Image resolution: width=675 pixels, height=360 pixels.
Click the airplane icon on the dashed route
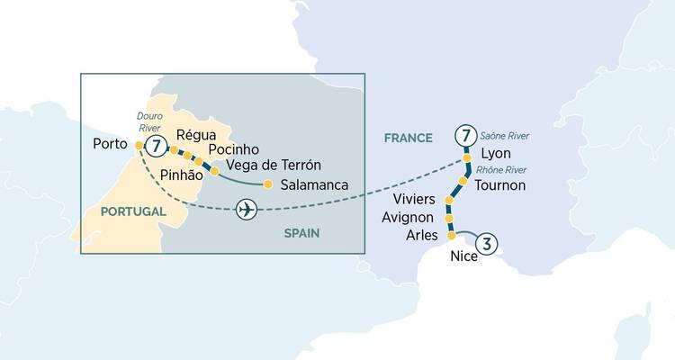click(245, 209)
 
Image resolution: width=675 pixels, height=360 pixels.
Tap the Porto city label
click(111, 144)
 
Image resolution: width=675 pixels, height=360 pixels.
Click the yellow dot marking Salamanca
click(267, 184)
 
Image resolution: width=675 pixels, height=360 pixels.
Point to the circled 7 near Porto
click(157, 145)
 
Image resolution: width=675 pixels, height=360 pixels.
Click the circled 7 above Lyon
click(465, 137)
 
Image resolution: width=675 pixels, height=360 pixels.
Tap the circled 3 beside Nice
click(487, 243)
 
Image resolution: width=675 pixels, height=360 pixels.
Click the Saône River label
click(505, 135)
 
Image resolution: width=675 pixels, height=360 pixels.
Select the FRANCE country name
click(409, 139)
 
